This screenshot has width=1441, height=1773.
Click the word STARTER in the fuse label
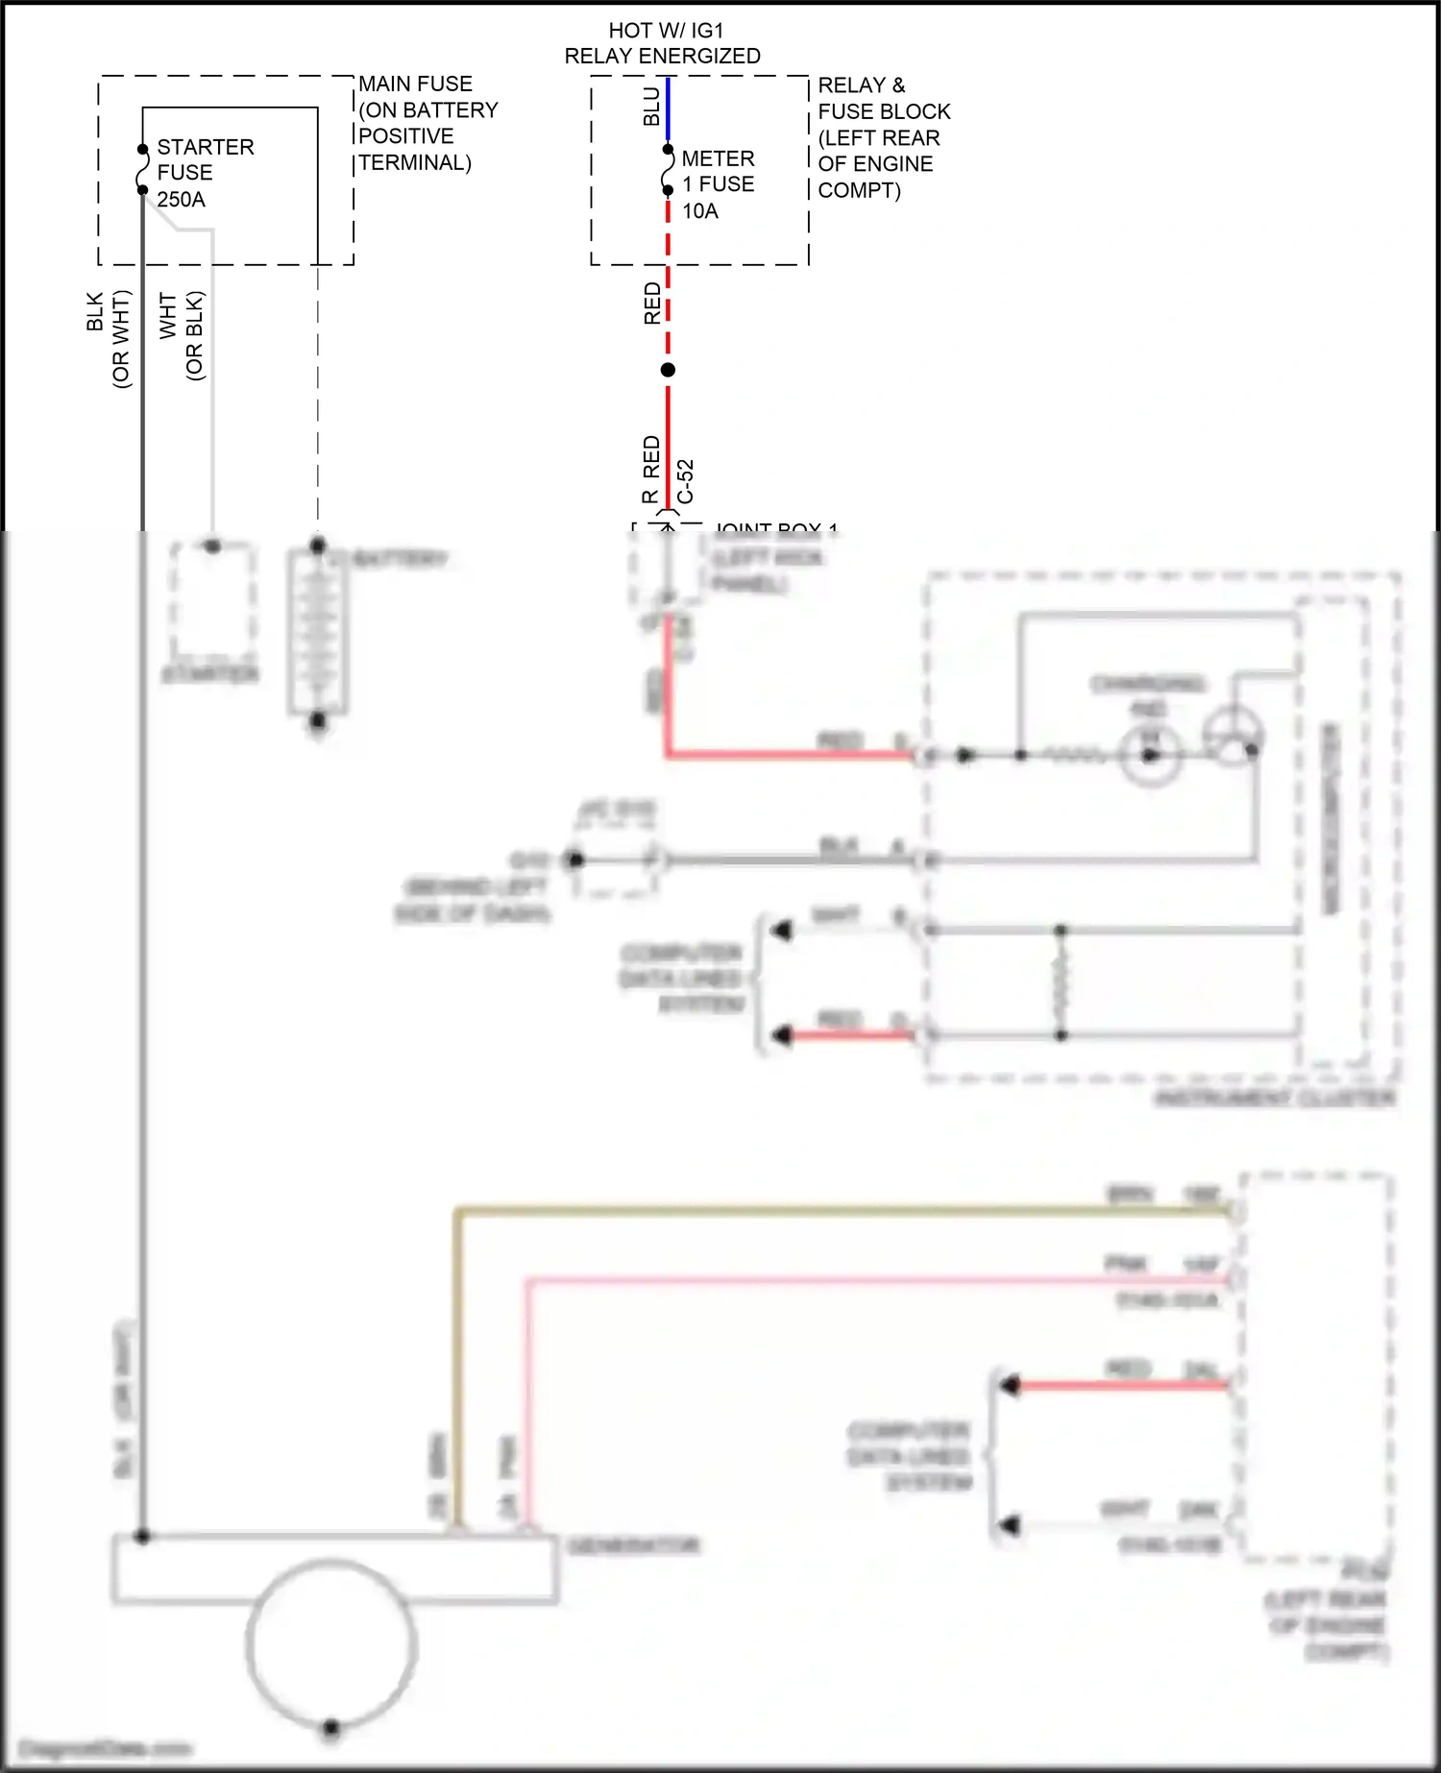(206, 147)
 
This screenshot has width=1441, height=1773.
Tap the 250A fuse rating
(181, 200)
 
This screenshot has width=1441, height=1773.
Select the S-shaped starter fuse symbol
(143, 169)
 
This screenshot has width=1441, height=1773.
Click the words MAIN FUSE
(415, 85)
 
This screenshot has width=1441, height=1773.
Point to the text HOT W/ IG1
(666, 31)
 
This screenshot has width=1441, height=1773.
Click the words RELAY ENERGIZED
(662, 57)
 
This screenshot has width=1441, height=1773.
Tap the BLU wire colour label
(652, 107)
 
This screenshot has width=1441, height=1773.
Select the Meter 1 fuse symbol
(668, 170)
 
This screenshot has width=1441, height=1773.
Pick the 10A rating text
(700, 211)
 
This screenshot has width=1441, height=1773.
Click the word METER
(718, 158)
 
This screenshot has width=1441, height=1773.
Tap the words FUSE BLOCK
(884, 111)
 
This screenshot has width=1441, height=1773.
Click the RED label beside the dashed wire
(652, 304)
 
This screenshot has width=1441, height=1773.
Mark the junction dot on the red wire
(668, 370)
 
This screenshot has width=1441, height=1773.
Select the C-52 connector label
(685, 481)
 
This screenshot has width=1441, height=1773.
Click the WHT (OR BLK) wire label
(182, 335)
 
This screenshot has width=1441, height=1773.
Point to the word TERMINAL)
(415, 163)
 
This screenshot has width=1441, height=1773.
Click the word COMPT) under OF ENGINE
(859, 190)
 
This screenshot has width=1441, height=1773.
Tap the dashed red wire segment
(668, 288)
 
